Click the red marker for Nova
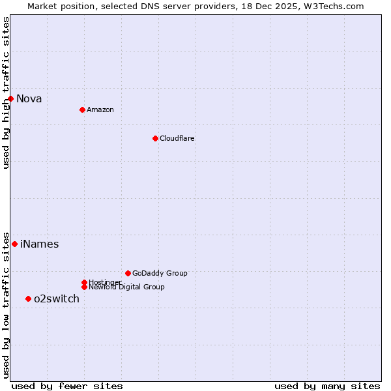click(x=10, y=98)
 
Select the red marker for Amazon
click(x=82, y=109)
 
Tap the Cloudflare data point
click(x=155, y=138)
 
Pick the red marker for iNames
click(x=14, y=244)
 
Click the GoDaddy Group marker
click(x=128, y=273)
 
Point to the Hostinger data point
click(x=84, y=282)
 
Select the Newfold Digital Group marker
click(x=84, y=287)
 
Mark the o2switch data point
click(x=28, y=298)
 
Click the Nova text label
click(x=29, y=99)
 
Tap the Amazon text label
click(x=100, y=109)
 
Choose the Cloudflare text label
click(x=177, y=138)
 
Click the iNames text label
click(x=40, y=244)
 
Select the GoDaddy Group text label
click(x=160, y=273)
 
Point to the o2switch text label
click(x=57, y=299)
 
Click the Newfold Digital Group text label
click(x=127, y=287)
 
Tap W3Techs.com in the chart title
click(x=332, y=6)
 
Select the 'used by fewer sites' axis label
click(x=67, y=386)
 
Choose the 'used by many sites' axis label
click(x=327, y=386)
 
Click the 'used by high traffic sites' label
click(x=6, y=93)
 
